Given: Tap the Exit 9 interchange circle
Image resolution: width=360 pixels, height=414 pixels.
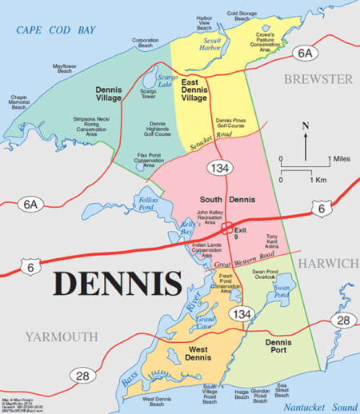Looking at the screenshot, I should point(227,227).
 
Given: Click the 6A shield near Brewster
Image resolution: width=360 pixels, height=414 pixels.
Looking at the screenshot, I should point(305,53).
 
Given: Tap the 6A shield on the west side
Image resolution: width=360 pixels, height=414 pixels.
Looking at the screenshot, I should point(31,205).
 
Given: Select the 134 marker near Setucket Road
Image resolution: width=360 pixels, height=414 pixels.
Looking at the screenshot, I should point(217,168).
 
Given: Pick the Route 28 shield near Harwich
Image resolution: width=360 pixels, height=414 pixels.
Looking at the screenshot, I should point(342,320).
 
